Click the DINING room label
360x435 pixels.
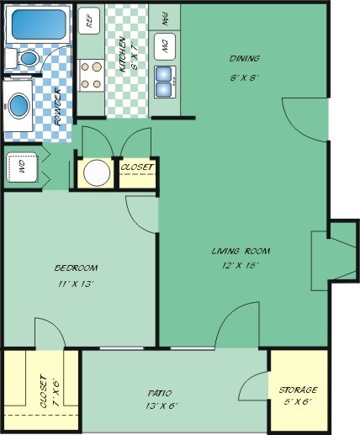(245, 58)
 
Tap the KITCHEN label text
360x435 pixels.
(123, 56)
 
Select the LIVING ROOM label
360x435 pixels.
(235, 251)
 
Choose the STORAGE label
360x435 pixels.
(298, 390)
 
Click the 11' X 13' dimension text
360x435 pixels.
(75, 283)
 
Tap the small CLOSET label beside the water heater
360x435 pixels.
(137, 167)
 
